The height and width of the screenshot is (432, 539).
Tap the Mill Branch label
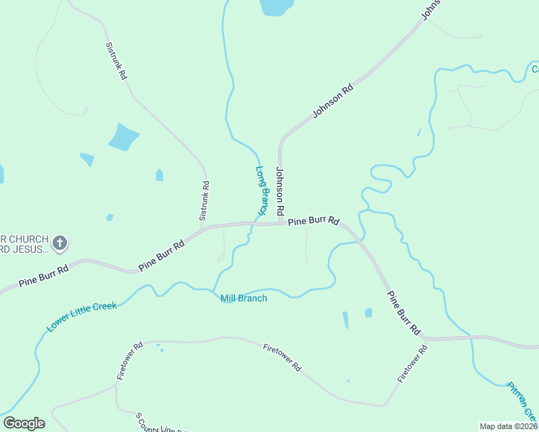(244, 298)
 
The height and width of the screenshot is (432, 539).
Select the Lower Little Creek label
(81, 317)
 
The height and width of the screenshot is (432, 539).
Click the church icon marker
(60, 243)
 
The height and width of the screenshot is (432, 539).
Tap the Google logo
(24, 423)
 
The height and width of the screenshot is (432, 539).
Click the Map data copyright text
(508, 426)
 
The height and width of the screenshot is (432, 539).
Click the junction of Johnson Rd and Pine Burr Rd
(280, 223)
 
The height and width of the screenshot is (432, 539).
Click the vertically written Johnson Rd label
(281, 192)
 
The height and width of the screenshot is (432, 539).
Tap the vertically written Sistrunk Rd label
(205, 200)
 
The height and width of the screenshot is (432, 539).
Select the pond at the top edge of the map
(277, 6)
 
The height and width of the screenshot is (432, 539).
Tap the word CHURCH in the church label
(29, 239)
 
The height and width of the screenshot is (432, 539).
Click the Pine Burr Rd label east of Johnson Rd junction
(313, 221)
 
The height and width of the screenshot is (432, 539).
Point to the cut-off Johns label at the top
(431, 9)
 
